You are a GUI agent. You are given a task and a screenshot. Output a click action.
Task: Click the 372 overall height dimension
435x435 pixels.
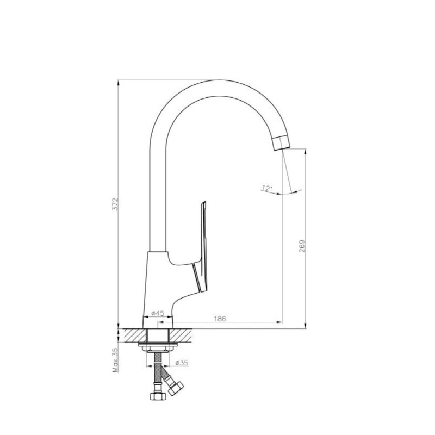pyautogui.click(x=115, y=204)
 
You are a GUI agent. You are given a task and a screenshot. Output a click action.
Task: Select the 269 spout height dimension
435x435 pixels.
pyautogui.click(x=302, y=246)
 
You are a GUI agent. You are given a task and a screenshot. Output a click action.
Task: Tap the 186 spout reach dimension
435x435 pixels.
pyautogui.click(x=220, y=319)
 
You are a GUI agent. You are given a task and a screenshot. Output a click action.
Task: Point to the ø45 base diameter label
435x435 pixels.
pyautogui.click(x=158, y=313)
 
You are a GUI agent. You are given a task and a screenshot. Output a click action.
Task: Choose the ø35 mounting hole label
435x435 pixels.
pyautogui.click(x=182, y=363)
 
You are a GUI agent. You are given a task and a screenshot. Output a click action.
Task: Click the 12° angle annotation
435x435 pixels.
pyautogui.click(x=266, y=188)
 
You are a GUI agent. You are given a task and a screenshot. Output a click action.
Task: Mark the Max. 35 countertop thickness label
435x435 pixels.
pyautogui.click(x=115, y=360)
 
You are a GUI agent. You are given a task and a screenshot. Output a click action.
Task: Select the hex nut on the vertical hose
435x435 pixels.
pyautogui.click(x=158, y=396)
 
